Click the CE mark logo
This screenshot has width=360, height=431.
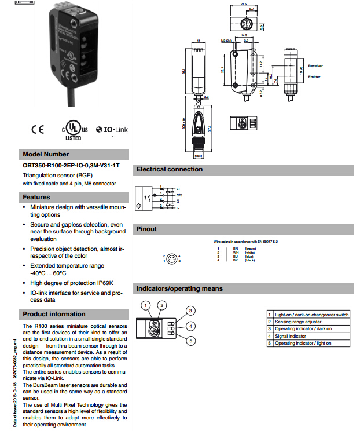click(37, 129)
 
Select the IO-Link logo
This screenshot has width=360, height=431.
click(112, 129)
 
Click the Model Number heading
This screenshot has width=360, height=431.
click(46, 154)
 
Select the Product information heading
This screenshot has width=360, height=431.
click(54, 314)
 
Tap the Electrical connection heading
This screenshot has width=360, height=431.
click(169, 169)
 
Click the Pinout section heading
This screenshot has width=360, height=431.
click(146, 229)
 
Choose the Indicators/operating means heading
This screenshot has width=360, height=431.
click(179, 288)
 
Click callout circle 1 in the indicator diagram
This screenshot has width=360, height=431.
click(147, 305)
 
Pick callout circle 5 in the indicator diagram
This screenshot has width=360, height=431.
click(191, 341)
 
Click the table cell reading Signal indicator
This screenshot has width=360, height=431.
click(291, 336)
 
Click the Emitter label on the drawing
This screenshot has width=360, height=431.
click(314, 77)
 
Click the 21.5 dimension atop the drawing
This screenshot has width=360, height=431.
click(243, 4)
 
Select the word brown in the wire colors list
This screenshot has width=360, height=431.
click(251, 248)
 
